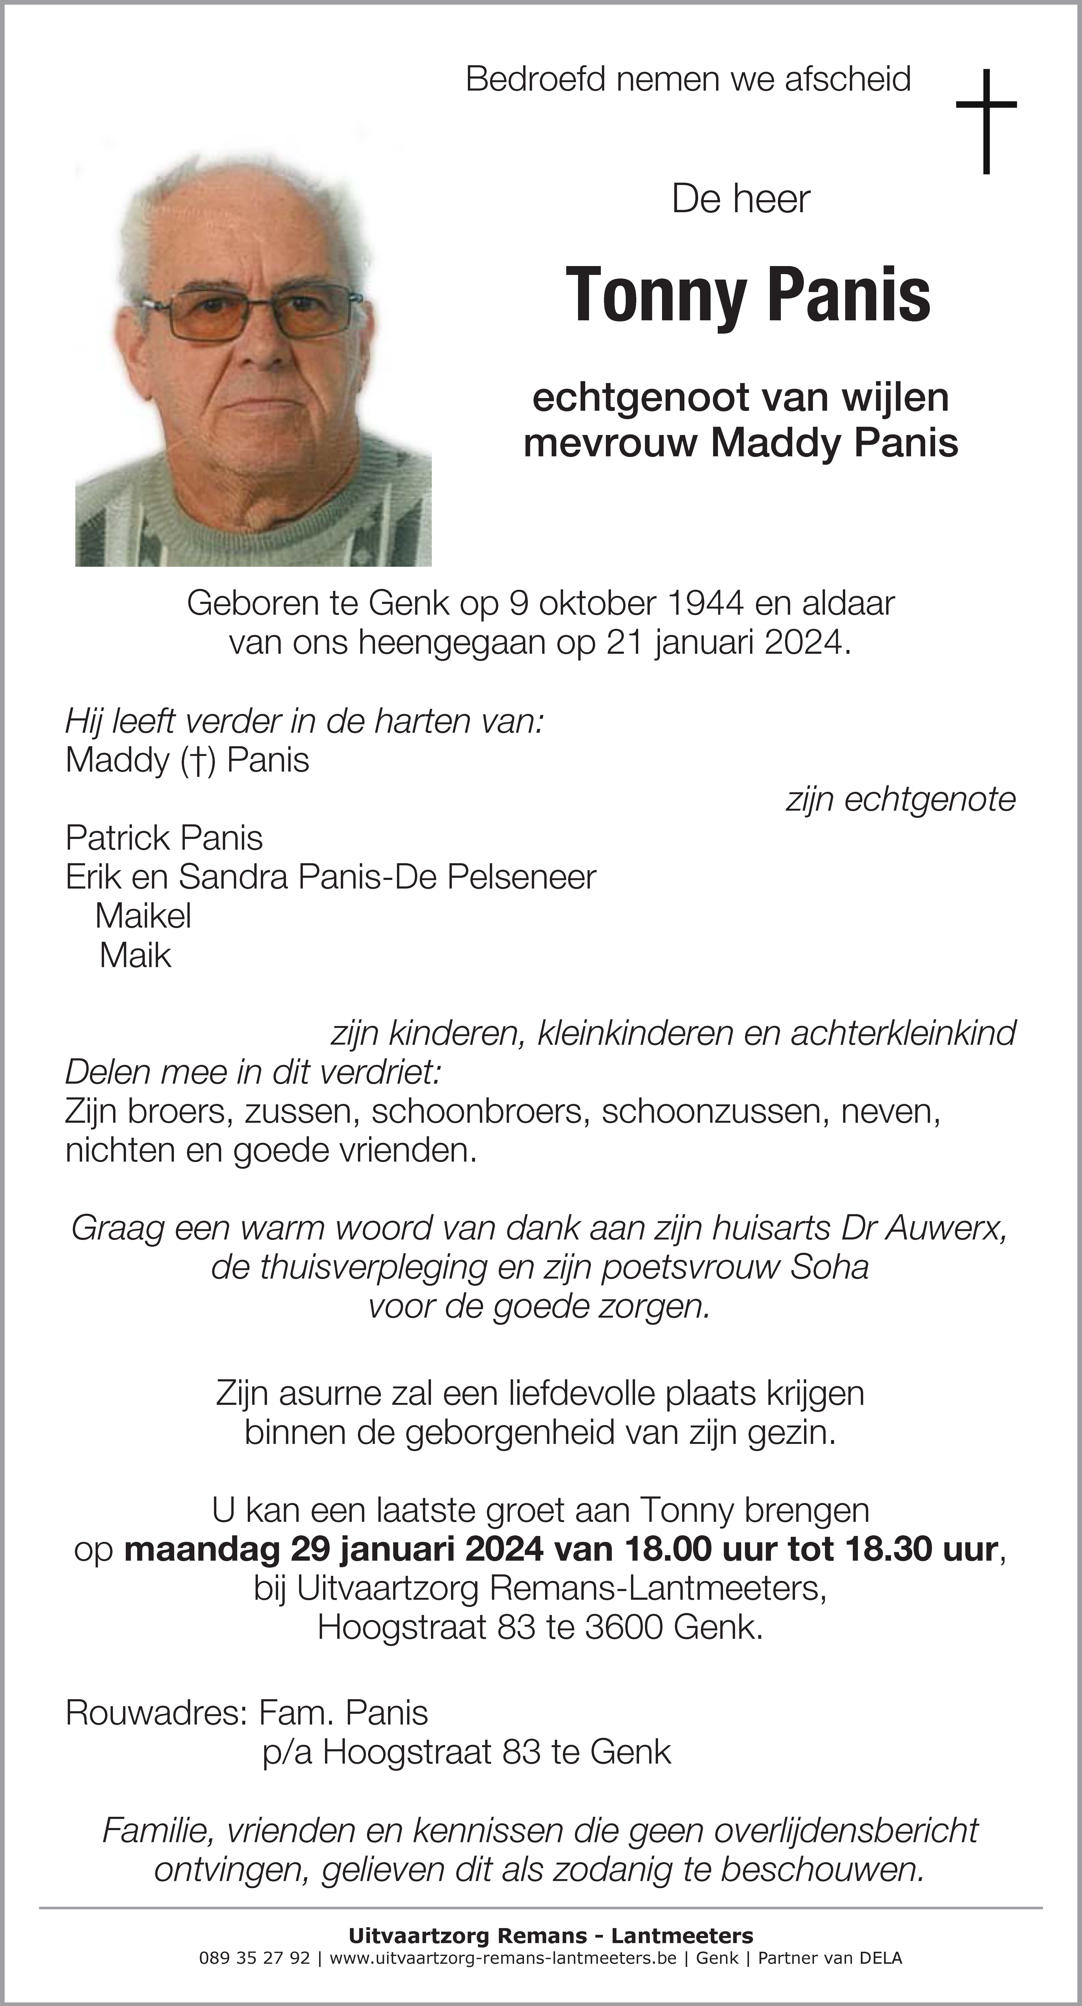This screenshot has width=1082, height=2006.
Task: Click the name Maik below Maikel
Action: (135, 955)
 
